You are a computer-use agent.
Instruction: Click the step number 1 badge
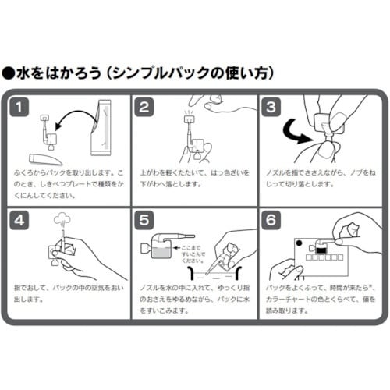tap(22, 107)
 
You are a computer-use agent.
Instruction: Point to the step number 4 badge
tap(22, 220)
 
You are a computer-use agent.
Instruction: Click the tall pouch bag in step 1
tap(101, 128)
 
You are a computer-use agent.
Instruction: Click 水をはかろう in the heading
tap(55, 75)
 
